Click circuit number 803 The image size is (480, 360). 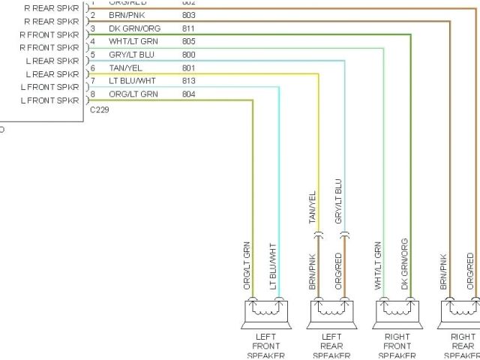click(x=188, y=15)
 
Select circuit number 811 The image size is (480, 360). click(x=188, y=28)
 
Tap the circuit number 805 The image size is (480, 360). click(x=188, y=42)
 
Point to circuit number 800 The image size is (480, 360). click(x=188, y=55)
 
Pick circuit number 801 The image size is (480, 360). click(x=188, y=68)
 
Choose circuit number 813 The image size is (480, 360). click(x=188, y=81)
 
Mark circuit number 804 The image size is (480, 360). click(x=188, y=94)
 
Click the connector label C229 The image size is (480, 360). click(x=99, y=109)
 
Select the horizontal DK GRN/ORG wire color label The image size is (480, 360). click(x=133, y=28)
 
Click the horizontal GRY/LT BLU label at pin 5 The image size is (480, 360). click(x=131, y=55)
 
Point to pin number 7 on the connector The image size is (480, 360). click(x=92, y=81)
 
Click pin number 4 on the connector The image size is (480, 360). click(x=92, y=42)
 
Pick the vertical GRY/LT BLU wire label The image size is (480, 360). click(x=339, y=202)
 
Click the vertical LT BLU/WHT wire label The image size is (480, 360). click(x=273, y=266)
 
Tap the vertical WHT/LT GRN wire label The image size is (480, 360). click(x=378, y=265)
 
